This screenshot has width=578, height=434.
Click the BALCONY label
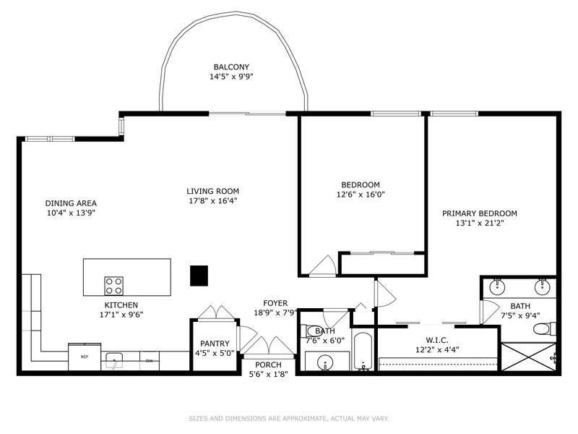(x=231, y=67)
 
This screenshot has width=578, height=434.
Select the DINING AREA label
(x=71, y=203)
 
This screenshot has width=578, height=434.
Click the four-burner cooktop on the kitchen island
(x=113, y=282)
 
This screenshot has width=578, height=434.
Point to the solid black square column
(x=199, y=276)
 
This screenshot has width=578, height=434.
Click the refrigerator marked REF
(x=85, y=357)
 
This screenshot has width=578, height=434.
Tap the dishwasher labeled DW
(x=149, y=359)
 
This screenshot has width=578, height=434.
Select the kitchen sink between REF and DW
(x=113, y=359)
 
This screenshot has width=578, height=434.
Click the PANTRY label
(x=215, y=344)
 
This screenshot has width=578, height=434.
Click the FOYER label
(x=275, y=303)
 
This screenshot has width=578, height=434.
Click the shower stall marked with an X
(x=528, y=357)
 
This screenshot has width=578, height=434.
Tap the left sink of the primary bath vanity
(x=498, y=286)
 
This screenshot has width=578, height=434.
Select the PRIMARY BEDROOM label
(x=480, y=213)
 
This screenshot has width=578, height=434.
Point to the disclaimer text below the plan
(x=288, y=418)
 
